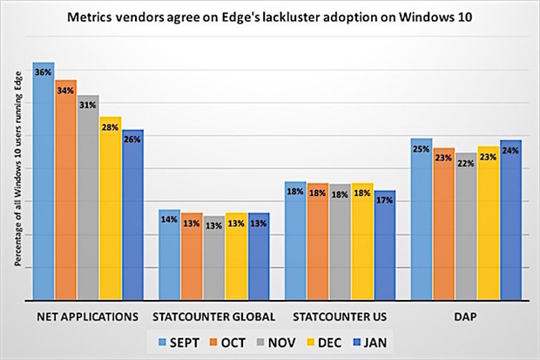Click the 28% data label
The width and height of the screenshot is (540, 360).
110,127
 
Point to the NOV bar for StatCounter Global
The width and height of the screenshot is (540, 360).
213,258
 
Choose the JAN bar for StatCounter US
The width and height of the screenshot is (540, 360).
384,244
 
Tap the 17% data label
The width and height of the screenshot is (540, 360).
384,200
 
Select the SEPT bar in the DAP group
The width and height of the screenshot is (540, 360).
422,218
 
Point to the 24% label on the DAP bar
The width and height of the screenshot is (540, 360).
510,150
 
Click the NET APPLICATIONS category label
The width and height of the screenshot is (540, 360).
88,315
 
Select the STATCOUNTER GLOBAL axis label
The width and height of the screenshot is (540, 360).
213,315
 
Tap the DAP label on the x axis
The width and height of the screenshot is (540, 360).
466,315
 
